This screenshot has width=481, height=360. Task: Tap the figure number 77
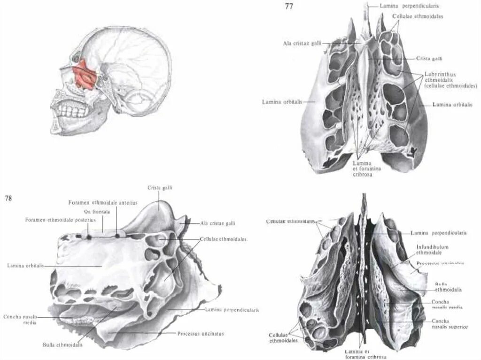tap(290, 7)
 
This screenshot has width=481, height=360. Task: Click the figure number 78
tap(8, 198)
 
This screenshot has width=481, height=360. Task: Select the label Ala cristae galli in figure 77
tap(302, 43)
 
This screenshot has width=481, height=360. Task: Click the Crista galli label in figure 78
tap(160, 188)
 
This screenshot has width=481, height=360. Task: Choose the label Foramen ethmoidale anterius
tap(103, 203)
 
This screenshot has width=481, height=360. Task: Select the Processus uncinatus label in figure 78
tap(201, 334)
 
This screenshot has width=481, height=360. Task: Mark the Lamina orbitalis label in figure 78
tap(25, 266)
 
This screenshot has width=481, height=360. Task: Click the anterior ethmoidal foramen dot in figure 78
tap(117, 236)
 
